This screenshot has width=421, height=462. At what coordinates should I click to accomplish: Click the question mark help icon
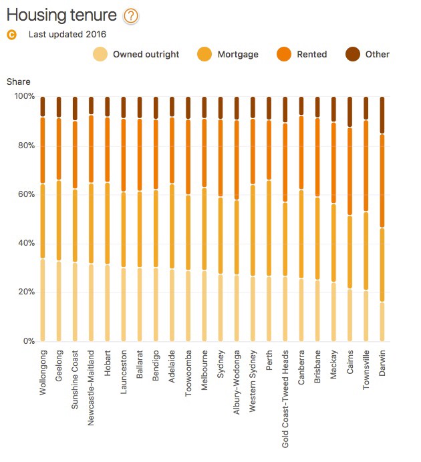point(131,16)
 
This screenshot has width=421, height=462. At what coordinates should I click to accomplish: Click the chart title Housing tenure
point(61,15)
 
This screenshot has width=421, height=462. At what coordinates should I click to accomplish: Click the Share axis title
point(18,81)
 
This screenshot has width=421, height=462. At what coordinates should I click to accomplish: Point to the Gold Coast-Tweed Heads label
point(285,398)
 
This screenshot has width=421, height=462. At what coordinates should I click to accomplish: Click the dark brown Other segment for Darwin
point(382,115)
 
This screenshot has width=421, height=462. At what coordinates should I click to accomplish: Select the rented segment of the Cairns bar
point(349,171)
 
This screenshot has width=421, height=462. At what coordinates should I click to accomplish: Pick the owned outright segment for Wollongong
point(43,300)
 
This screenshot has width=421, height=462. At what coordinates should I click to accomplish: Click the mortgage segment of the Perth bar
point(269,228)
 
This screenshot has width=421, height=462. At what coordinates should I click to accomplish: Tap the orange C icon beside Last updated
point(11,34)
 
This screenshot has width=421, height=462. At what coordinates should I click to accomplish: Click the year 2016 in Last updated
point(96,34)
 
